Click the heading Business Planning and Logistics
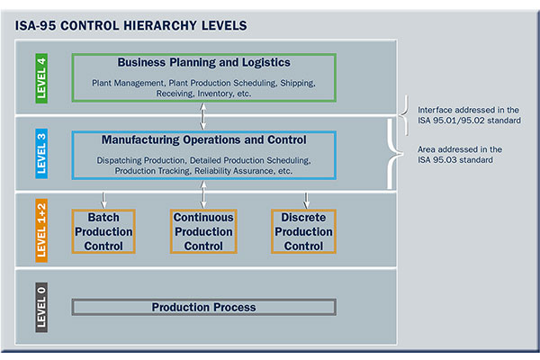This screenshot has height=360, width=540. [203, 63]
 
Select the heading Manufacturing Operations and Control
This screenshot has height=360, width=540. [203, 140]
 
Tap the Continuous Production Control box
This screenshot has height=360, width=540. [202, 231]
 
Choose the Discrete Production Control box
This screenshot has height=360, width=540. [303, 231]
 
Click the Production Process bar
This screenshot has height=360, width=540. [203, 307]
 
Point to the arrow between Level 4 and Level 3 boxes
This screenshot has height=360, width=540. [203, 116]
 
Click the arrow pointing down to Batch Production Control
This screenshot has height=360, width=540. [104, 198]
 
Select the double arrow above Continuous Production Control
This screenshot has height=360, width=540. [203, 193]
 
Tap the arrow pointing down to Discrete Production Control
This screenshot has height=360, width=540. [306, 198]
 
